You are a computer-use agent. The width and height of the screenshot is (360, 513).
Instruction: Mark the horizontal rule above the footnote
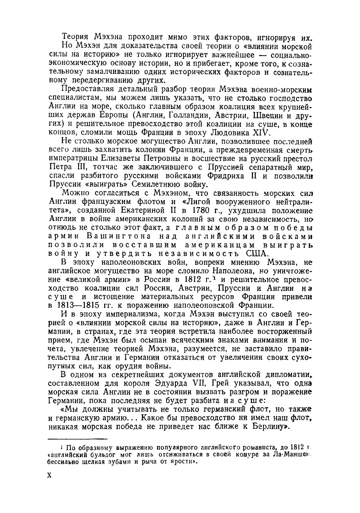click(77, 439)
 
